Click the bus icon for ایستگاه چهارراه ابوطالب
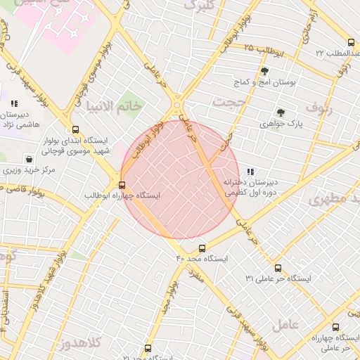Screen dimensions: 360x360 [x=122, y=186]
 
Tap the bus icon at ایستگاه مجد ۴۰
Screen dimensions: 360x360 [x=202, y=248]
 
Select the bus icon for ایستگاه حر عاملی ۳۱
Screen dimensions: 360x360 [x=278, y=268]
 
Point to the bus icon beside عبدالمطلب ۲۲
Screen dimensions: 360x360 [x=351, y=43]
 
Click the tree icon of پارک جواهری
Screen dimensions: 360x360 [x=281, y=113]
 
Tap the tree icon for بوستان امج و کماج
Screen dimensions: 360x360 [x=264, y=72]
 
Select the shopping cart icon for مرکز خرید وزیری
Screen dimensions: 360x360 [x=28, y=159]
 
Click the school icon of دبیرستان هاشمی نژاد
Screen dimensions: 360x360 [x=14, y=104]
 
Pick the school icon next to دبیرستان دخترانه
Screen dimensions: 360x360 [x=250, y=172]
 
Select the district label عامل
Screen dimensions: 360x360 [x=304, y=324]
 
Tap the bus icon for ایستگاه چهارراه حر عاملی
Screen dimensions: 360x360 [x=335, y=327]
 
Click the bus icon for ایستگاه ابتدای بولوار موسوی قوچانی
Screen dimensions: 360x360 [x=75, y=129]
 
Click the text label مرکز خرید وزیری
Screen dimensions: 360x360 [x=29, y=170]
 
